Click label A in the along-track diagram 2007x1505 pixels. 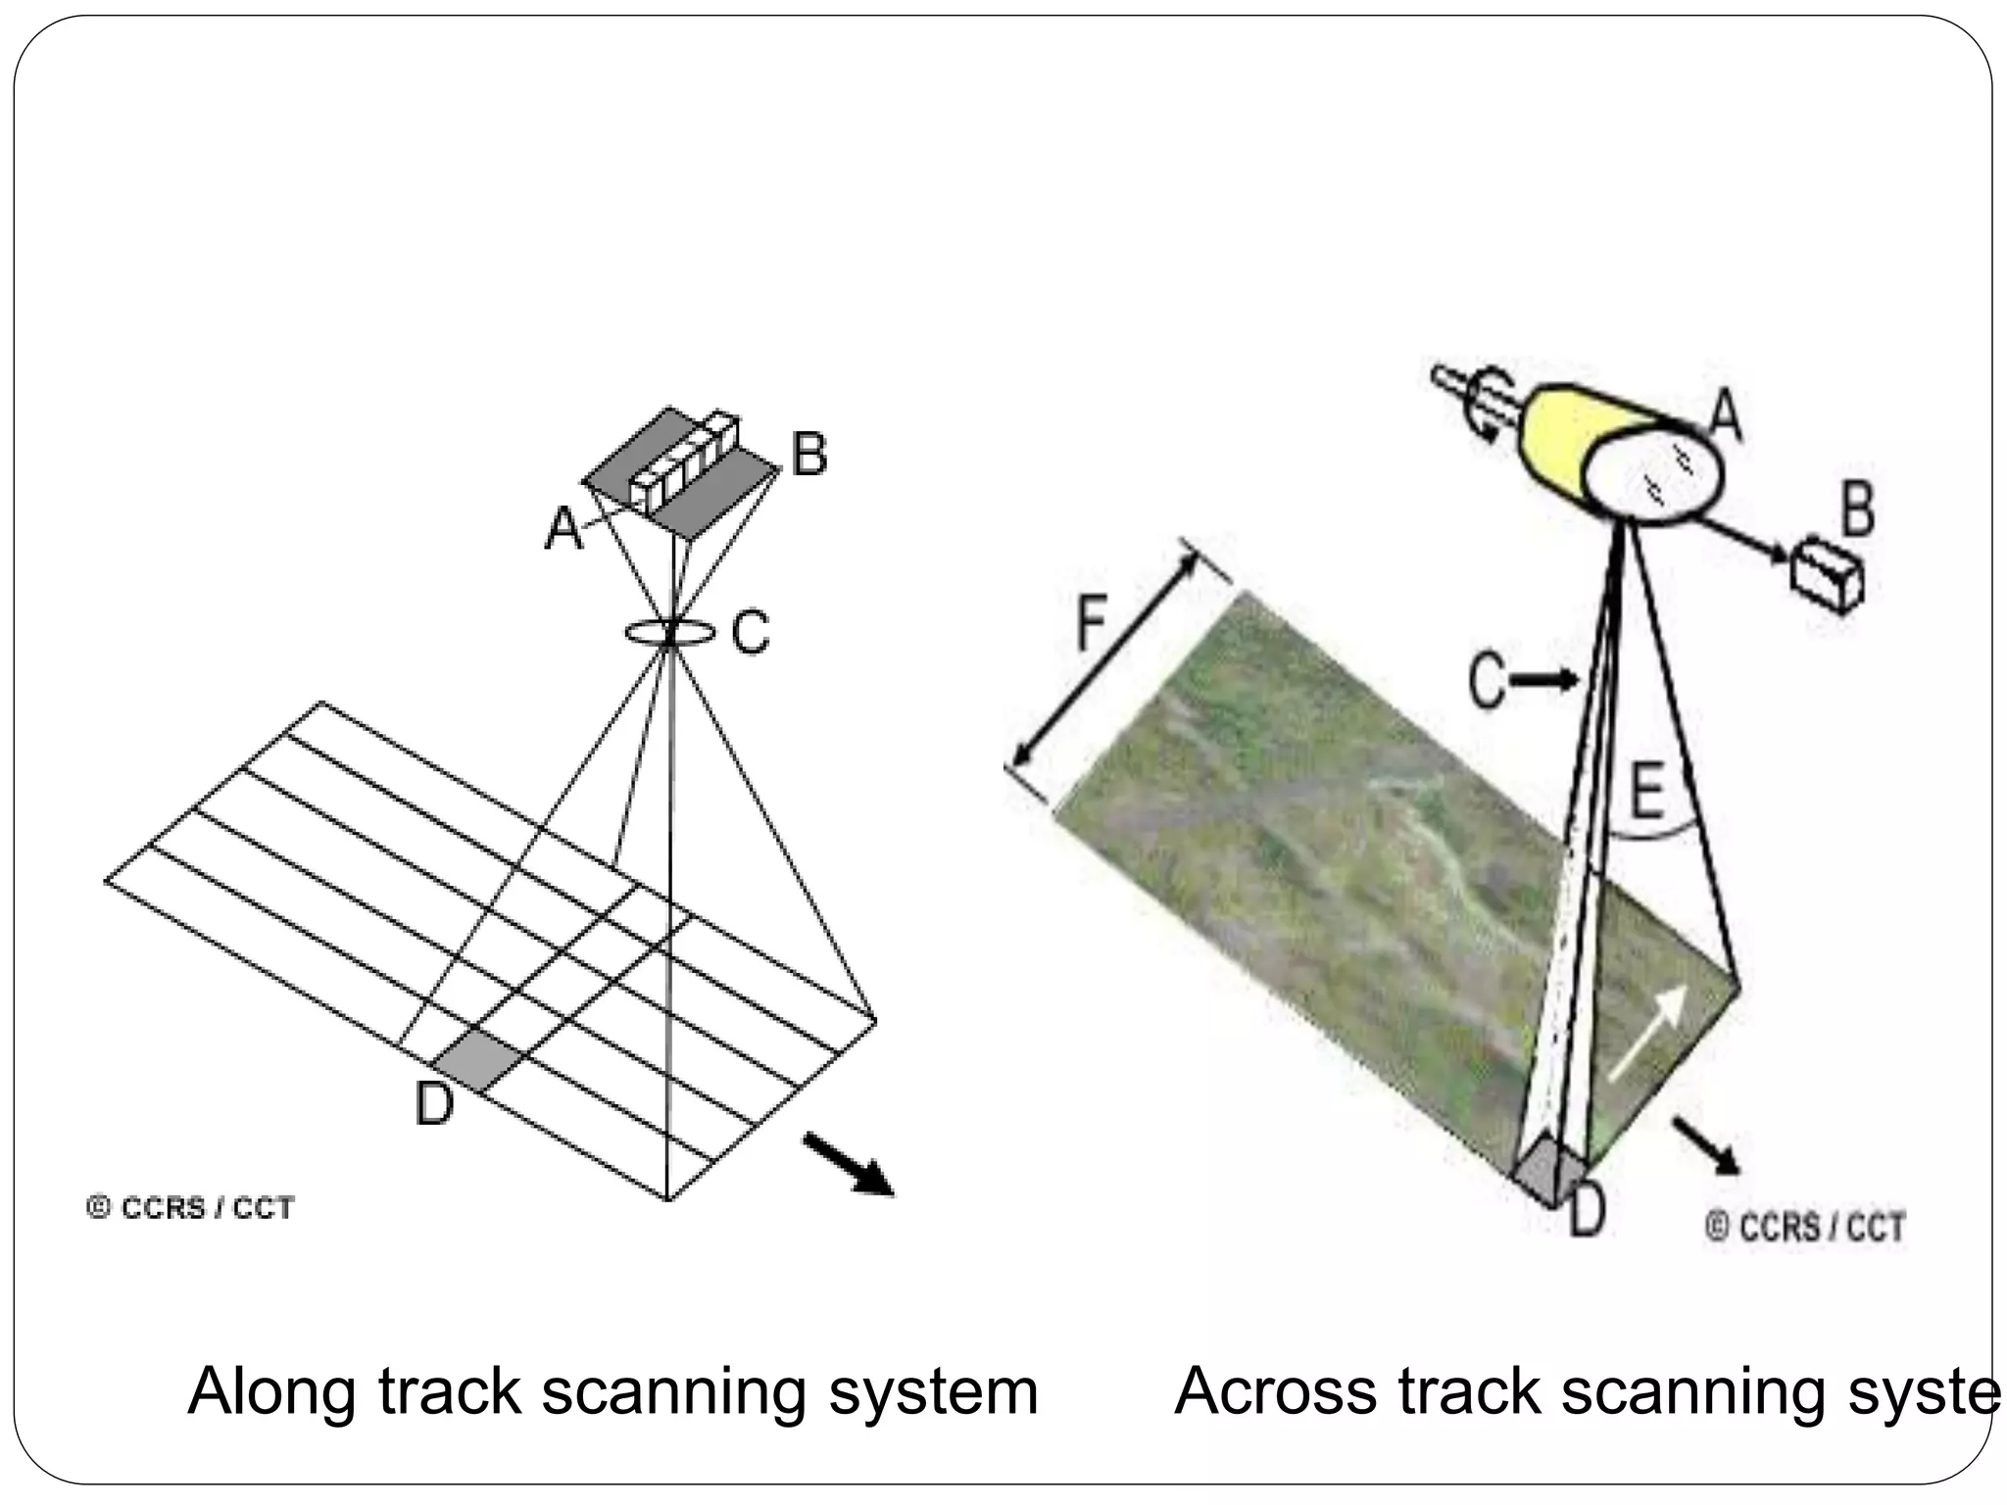tap(563, 529)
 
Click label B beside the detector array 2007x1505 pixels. tap(808, 456)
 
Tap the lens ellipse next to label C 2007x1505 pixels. tap(669, 633)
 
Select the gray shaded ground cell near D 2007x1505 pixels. tap(479, 1059)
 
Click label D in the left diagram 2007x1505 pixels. tap(434, 1105)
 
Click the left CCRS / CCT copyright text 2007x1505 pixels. tap(191, 1208)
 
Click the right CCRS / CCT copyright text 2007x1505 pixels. tap(1805, 1227)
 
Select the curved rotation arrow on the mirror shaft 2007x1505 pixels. tap(1494, 407)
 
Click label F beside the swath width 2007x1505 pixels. tap(1092, 623)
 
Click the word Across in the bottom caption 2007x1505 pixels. tap(1275, 1392)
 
